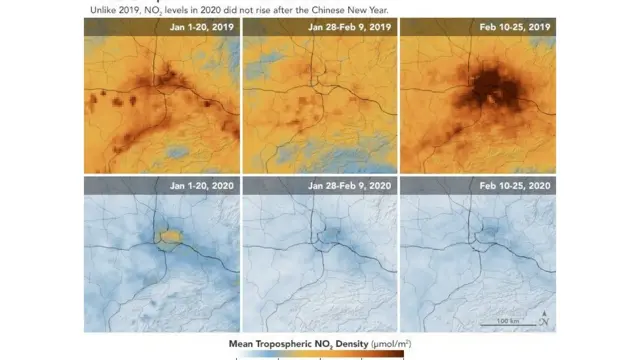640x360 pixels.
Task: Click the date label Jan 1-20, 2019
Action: [x=202, y=27]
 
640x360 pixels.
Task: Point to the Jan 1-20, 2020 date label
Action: [x=202, y=187]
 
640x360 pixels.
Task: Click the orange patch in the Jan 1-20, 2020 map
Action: [x=171, y=235]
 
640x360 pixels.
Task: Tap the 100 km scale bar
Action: [x=501, y=321]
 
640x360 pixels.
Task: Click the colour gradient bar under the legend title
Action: [x=320, y=355]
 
